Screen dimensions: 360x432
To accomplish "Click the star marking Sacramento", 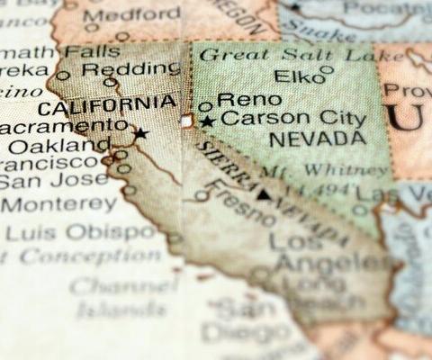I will click(140, 133).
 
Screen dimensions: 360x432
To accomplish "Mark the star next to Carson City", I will click(208, 121).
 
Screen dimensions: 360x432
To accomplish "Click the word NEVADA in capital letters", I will click(317, 139).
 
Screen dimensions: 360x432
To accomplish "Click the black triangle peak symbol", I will click(262, 193).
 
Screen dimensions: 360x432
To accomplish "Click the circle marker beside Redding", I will click(111, 83).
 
